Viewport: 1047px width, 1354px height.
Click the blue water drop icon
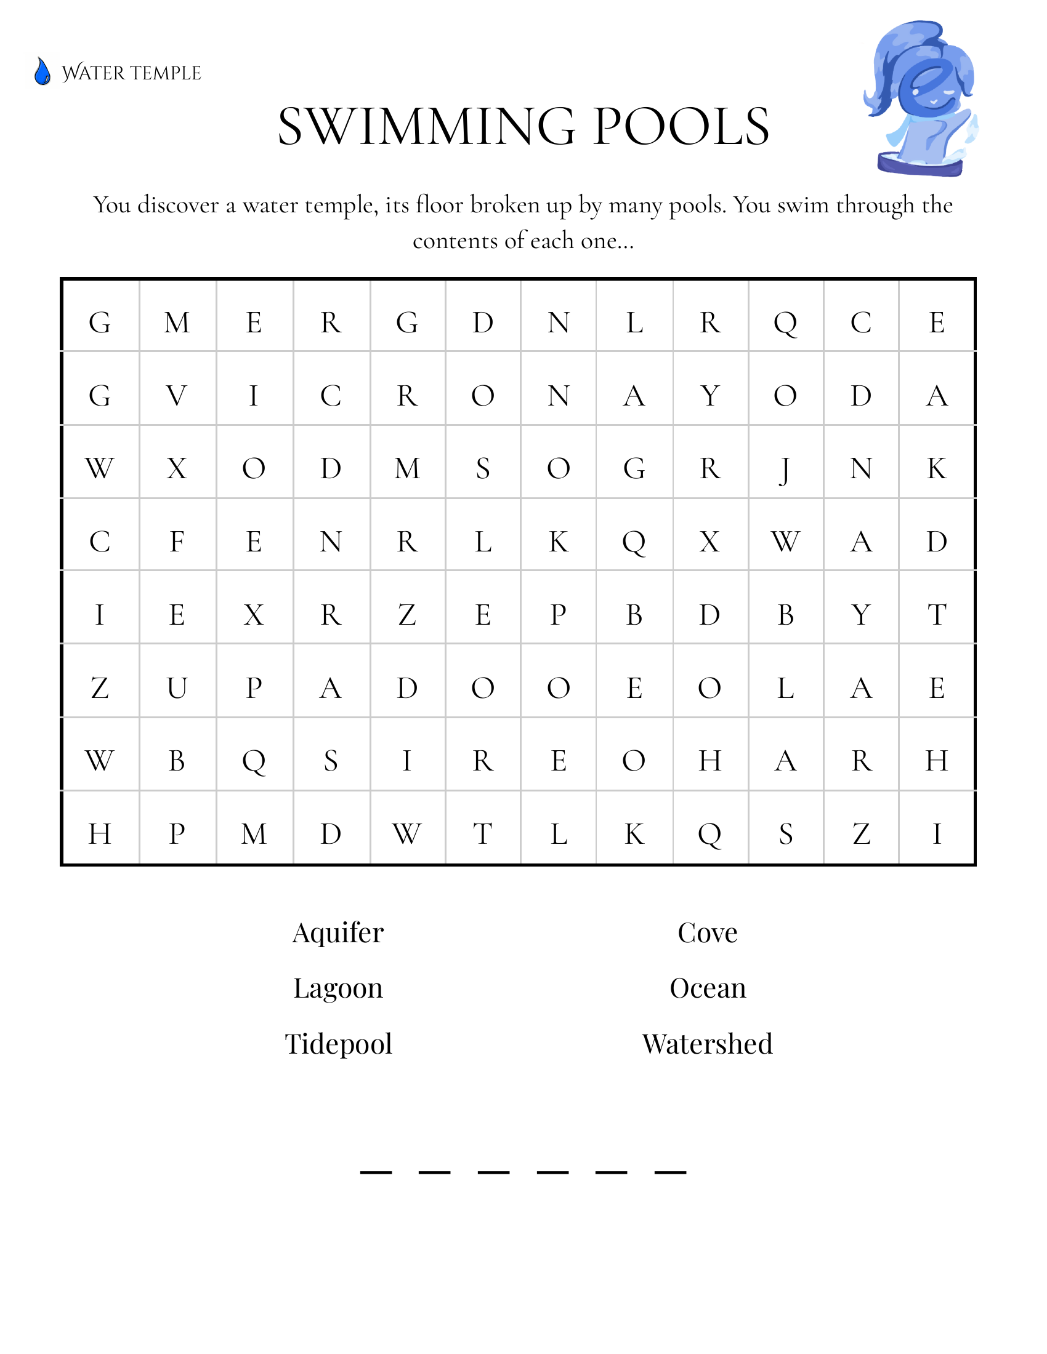42,71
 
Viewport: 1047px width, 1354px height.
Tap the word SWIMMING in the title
427,127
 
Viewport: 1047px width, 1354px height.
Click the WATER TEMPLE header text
132,73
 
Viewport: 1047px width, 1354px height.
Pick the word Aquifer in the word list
338,933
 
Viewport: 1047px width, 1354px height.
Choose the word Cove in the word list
707,933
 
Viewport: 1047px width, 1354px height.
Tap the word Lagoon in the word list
338,988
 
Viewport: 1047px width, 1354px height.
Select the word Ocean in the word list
707,988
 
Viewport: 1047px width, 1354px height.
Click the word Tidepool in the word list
338,1044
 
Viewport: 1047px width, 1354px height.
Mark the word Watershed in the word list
707,1044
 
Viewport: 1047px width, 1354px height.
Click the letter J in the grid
785,470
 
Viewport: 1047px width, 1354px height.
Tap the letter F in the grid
177,542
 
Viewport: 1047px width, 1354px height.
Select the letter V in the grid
177,396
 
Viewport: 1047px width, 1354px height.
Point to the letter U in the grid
177,688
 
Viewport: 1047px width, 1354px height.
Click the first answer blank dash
376,1172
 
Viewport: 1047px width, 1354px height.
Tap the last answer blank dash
670,1172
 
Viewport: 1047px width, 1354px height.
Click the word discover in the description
178,205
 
